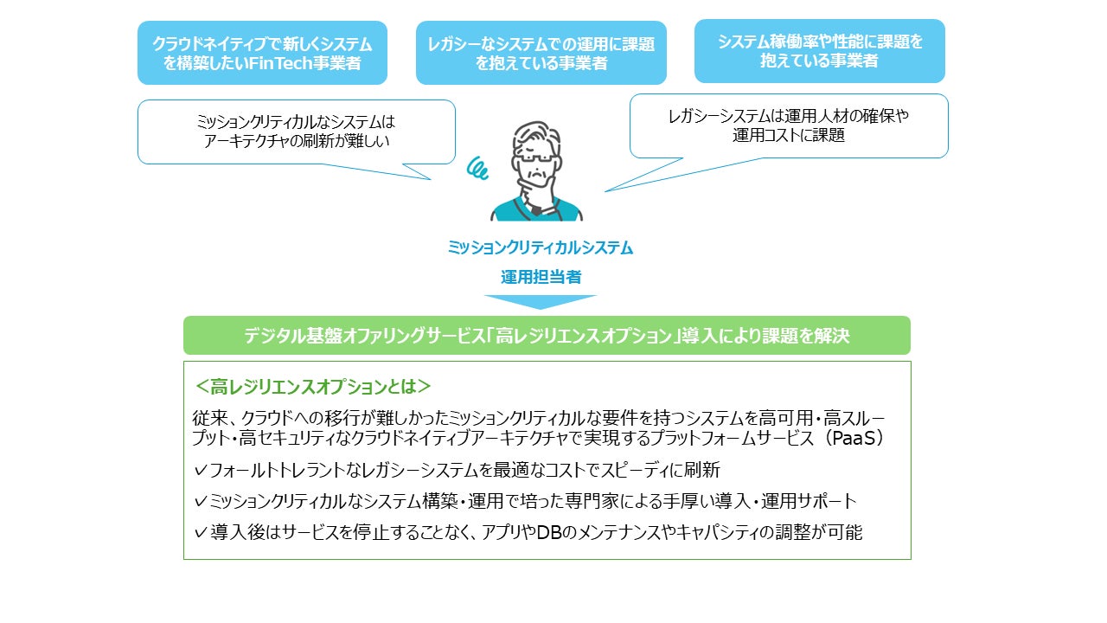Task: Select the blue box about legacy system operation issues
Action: point(541,53)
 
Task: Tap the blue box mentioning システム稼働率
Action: point(819,51)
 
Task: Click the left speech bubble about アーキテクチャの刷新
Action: point(296,132)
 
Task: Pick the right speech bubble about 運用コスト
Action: point(788,125)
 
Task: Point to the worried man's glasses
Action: point(537,158)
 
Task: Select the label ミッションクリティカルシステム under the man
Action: point(541,248)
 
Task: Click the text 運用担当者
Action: point(541,278)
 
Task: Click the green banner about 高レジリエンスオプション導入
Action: point(547,336)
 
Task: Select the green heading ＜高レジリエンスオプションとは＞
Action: point(313,386)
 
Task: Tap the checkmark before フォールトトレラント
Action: point(201,470)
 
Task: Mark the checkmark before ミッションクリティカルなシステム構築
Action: point(201,501)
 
